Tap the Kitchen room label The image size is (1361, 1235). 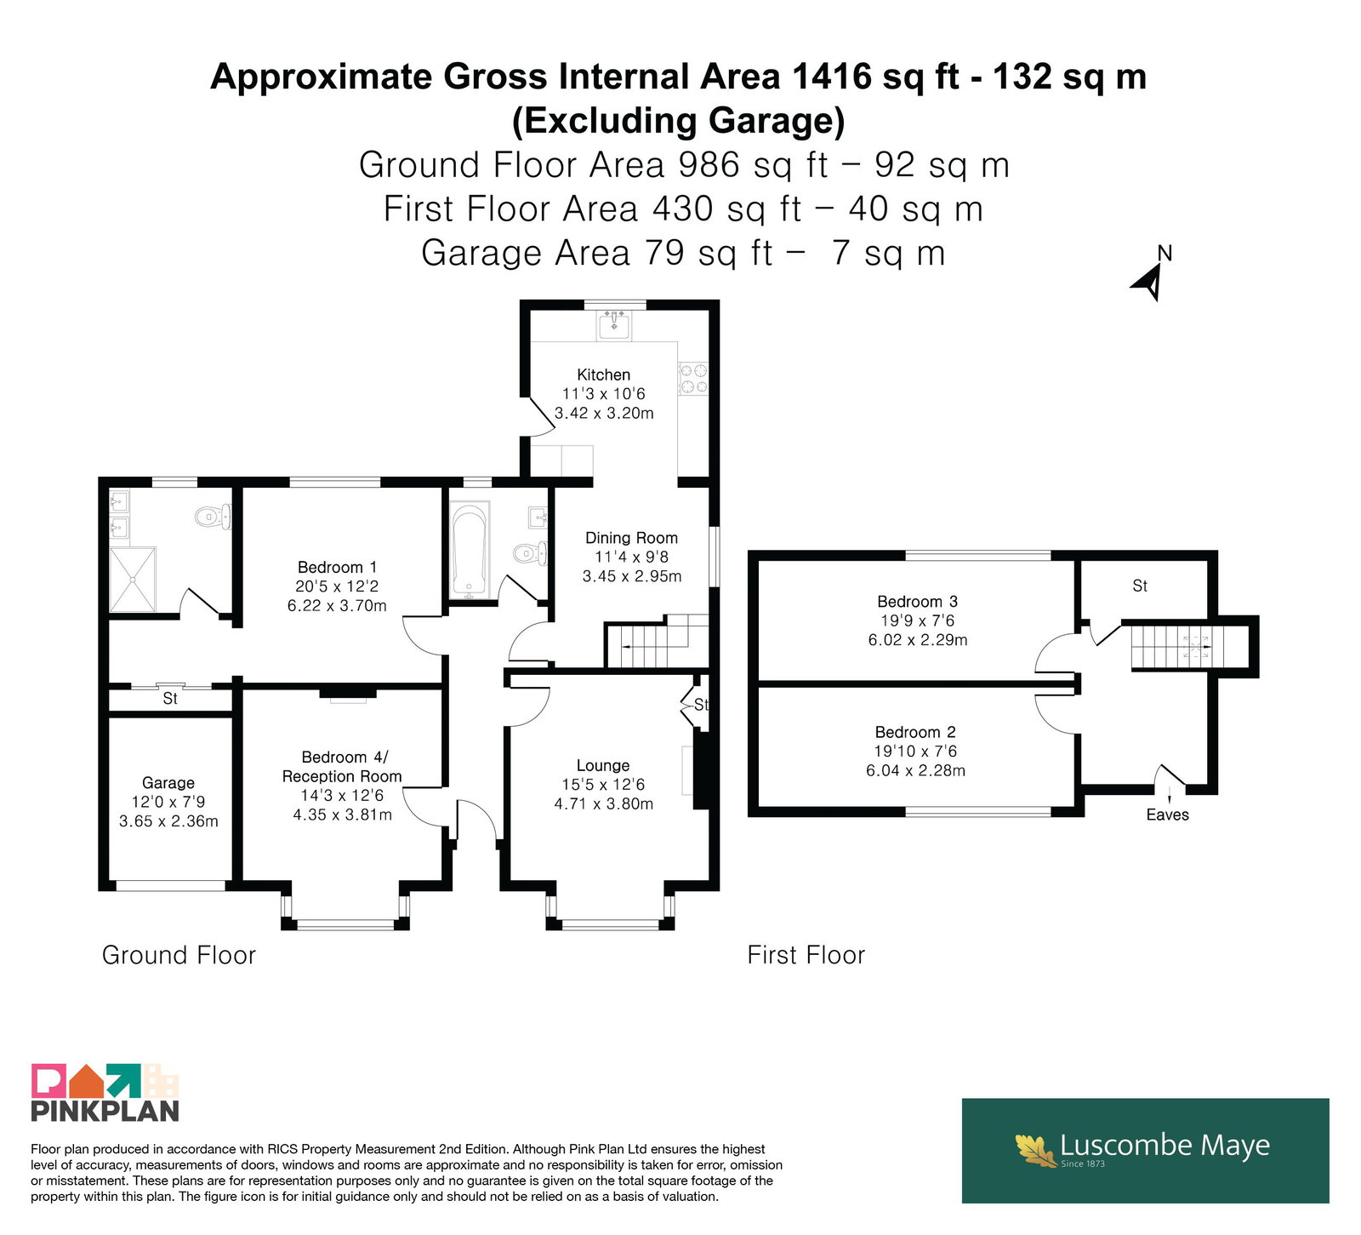click(x=604, y=375)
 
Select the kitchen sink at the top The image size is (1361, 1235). click(x=613, y=324)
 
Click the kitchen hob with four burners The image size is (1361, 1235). click(x=692, y=379)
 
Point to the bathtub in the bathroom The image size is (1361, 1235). click(x=469, y=550)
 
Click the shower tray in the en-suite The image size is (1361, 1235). click(x=133, y=579)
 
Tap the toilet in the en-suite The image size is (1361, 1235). click(x=213, y=517)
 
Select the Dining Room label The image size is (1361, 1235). click(x=631, y=538)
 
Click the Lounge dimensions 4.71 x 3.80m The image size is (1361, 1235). click(x=604, y=803)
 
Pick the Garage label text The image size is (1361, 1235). click(x=168, y=783)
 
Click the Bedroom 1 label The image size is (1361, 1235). click(x=337, y=568)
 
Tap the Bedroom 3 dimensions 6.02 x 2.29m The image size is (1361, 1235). click(x=918, y=640)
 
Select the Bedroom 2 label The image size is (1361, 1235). click(x=915, y=732)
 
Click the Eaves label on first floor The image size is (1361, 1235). click(x=1167, y=815)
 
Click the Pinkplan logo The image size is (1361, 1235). click(x=105, y=1092)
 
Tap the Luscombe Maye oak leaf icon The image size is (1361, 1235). click(x=1036, y=1149)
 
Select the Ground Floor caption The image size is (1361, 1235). click(x=179, y=955)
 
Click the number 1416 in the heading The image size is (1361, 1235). click(x=832, y=77)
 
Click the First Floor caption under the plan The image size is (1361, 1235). click(x=806, y=955)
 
